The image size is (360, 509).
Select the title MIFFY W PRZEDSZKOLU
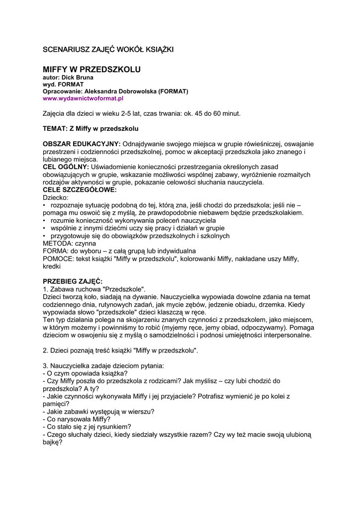[91, 69]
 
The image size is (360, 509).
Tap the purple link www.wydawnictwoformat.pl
[83, 98]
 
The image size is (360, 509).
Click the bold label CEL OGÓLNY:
[66, 167]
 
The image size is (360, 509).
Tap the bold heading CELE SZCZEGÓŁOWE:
[80, 189]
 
